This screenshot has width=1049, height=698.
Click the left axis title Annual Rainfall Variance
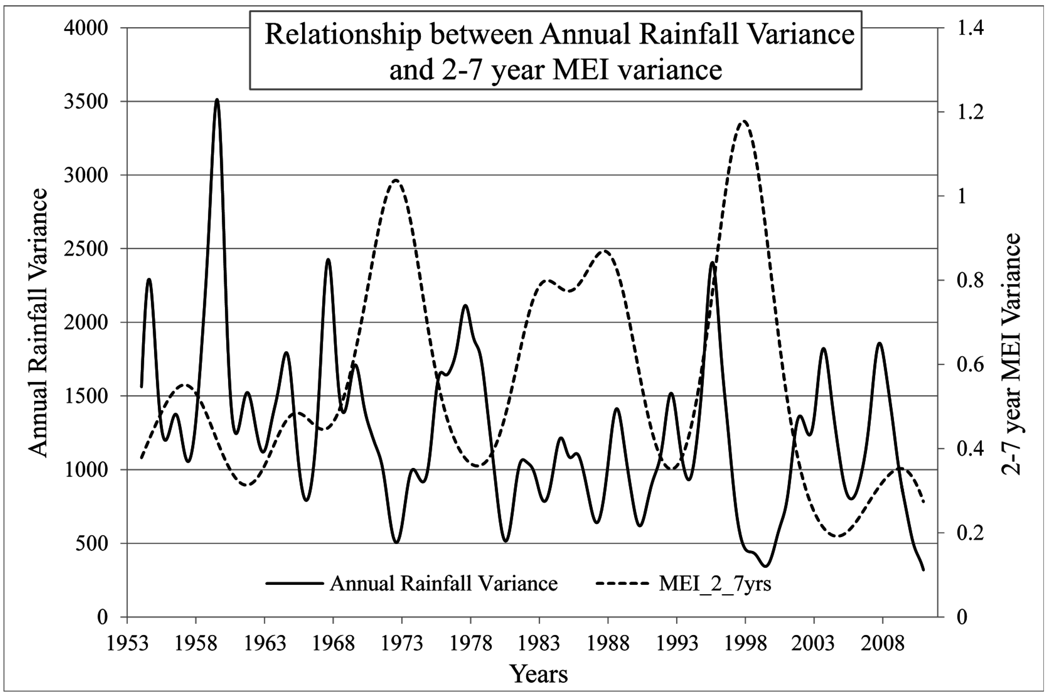point(38,323)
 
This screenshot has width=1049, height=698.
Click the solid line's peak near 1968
point(328,260)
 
